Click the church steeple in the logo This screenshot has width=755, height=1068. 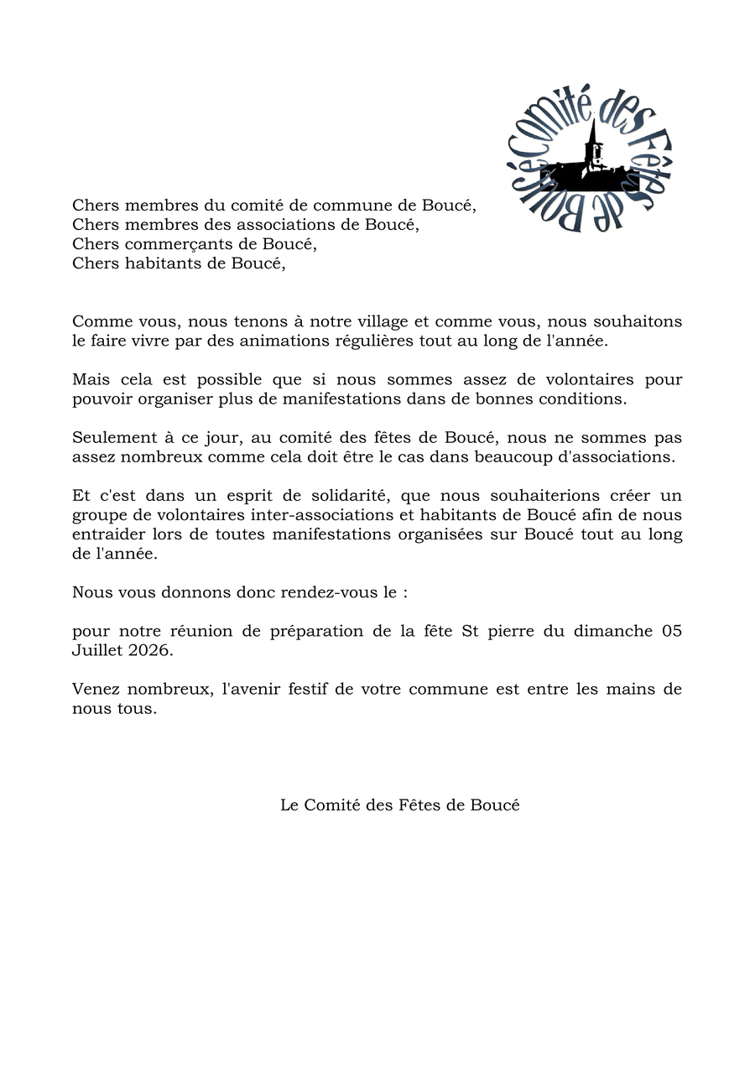tap(593, 139)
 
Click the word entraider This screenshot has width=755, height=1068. tap(108, 534)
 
